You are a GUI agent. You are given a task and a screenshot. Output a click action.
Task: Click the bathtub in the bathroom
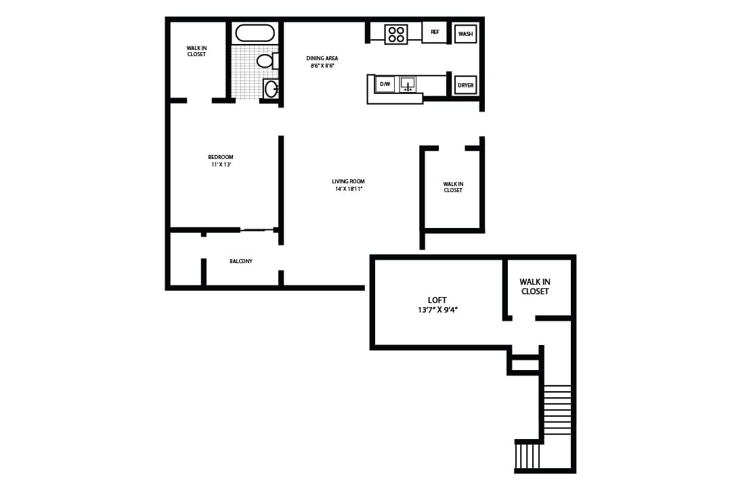coord(255,33)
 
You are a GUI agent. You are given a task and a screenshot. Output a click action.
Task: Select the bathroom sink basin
coord(271,89)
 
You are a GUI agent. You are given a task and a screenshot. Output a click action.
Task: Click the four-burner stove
coord(396,35)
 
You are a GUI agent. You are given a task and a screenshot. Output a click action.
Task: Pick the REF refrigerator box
coord(435,32)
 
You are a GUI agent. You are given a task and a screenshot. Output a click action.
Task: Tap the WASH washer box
coord(465,34)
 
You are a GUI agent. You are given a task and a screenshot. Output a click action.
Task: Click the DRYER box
coord(465,85)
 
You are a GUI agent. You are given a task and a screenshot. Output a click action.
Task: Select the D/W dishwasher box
coord(385,85)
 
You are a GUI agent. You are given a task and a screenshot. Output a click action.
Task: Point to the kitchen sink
coord(408,85)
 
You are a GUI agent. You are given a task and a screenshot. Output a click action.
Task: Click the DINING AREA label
coord(322,58)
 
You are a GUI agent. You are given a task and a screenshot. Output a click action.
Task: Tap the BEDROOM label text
coord(221,157)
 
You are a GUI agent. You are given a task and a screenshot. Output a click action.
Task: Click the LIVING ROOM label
coord(349,181)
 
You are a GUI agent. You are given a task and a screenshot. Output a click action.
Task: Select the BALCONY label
coord(241,261)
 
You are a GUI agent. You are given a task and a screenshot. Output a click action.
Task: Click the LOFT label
coord(437,300)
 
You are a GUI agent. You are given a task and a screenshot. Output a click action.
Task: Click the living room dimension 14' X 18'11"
coord(349,189)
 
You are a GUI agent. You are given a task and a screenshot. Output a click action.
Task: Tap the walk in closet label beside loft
coord(534,286)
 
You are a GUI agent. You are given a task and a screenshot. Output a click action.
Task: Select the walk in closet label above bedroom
coord(196,51)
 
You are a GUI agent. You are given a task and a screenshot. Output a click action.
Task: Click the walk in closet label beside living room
coord(453,187)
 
